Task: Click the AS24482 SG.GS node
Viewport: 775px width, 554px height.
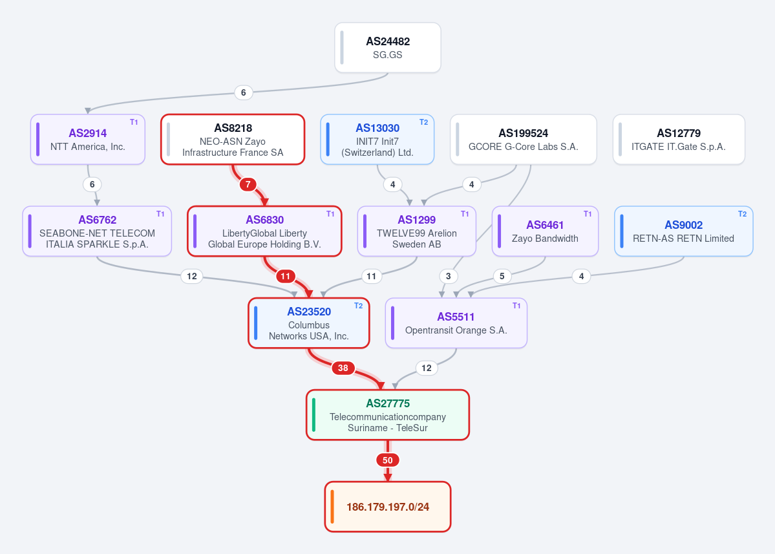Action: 388,48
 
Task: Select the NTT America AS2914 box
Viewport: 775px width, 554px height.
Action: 87,140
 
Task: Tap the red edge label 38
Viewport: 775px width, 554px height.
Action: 343,368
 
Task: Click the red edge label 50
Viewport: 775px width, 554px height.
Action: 388,460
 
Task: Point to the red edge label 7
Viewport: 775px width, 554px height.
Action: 248,184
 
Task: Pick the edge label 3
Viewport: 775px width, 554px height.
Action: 449,276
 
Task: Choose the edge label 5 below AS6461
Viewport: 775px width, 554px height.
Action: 502,276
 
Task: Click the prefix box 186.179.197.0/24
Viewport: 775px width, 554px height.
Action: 388,507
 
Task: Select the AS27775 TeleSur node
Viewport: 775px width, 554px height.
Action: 388,415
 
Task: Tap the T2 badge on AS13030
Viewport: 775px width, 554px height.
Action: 423,122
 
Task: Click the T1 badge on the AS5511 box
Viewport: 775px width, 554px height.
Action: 516,305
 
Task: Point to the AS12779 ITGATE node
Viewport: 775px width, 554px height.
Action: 679,140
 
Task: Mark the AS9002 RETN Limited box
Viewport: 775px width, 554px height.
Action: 684,231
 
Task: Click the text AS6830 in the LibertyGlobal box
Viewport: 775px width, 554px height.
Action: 265,220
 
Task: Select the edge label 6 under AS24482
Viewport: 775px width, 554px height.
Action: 243,92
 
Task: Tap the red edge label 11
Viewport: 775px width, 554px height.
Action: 285,276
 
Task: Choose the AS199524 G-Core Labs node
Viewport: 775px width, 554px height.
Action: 524,140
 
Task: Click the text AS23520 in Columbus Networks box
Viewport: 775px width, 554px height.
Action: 309,312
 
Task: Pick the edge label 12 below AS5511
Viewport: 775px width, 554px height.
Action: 427,368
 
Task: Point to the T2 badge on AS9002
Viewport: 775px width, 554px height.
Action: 743,214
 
